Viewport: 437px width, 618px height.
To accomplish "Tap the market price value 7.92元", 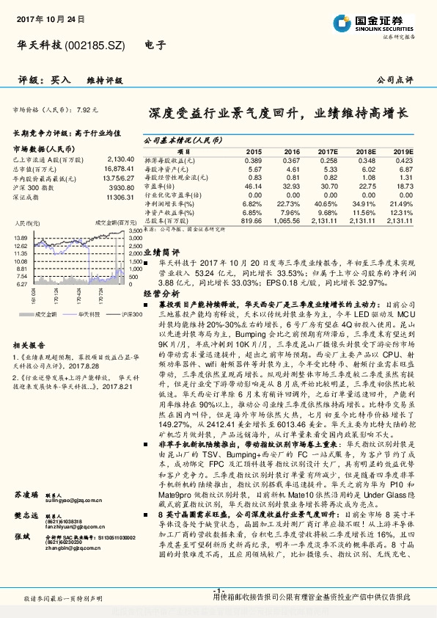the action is tap(87, 109).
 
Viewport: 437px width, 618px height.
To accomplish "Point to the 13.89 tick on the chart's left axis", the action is tap(20, 239).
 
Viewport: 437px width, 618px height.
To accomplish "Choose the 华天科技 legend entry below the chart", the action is tap(72, 313).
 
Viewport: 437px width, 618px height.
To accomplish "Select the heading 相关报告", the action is tap(29, 344).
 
